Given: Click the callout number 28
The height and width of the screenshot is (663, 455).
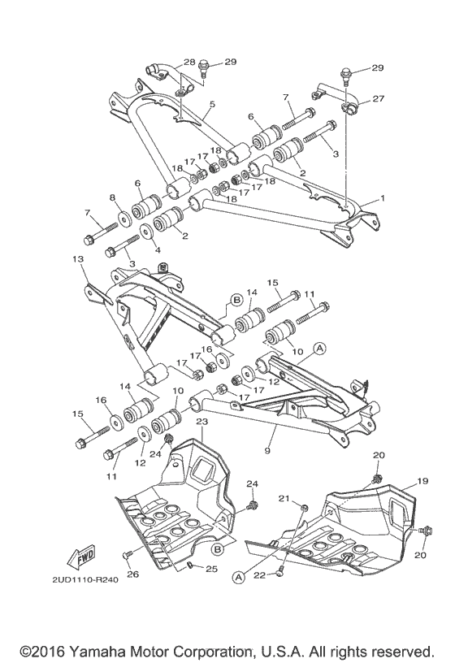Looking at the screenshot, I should (x=188, y=63).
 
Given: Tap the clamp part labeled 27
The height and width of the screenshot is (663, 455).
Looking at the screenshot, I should (x=353, y=106).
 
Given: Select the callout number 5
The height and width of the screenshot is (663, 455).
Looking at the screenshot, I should (x=212, y=105).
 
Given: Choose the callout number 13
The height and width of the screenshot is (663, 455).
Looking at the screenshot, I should (x=78, y=259).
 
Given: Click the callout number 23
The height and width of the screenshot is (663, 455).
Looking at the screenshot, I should (x=202, y=422).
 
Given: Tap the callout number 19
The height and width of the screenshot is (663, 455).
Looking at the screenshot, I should (x=422, y=481).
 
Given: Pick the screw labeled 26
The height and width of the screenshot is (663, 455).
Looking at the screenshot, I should (x=128, y=555).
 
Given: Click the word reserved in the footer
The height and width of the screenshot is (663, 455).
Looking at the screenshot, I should (x=402, y=652).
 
